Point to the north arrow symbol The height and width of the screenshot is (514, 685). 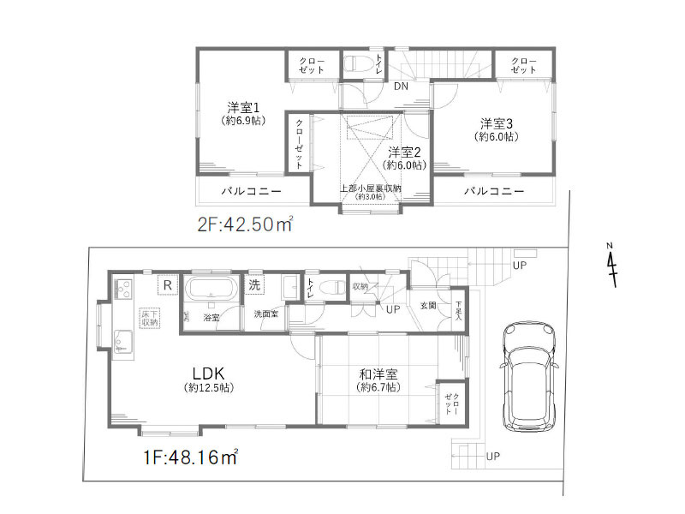[611, 266]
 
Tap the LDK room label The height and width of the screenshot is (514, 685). [207, 374]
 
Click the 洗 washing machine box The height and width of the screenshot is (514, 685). [256, 284]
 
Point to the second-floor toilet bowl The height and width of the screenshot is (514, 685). [357, 63]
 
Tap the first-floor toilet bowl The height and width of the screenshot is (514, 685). [334, 287]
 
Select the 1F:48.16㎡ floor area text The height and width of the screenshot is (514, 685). [191, 458]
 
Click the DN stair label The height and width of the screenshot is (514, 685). [401, 87]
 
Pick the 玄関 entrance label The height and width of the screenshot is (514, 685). [427, 305]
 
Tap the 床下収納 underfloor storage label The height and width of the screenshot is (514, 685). [150, 318]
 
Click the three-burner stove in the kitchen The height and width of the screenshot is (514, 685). [120, 287]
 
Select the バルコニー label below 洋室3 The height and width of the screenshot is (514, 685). [494, 190]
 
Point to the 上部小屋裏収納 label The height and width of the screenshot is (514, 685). [370, 189]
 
